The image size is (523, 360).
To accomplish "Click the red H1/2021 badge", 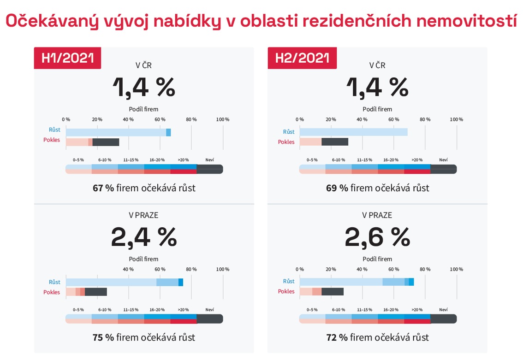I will [67, 58].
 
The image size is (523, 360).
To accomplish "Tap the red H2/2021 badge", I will [302, 58].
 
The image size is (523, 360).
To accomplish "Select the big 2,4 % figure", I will [143, 237].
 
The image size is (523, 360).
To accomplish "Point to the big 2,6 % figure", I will [377, 237].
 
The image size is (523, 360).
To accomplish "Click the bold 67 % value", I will [103, 188].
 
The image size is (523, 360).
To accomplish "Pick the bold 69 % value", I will [337, 188].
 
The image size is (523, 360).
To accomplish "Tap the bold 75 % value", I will [103, 337].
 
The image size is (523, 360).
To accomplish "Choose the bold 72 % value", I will [337, 337].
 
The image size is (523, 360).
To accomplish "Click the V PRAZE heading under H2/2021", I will [377, 215].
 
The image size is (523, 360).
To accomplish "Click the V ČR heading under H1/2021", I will [143, 65].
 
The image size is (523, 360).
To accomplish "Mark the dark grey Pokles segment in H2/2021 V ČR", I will [335, 142].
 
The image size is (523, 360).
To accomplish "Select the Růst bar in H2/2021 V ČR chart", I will [353, 132].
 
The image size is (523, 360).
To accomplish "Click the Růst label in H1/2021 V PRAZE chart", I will [54, 282].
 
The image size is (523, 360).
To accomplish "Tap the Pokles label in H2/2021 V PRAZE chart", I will [286, 291].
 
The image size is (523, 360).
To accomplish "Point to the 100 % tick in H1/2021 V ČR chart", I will [223, 119].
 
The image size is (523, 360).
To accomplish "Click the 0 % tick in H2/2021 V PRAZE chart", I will [300, 269].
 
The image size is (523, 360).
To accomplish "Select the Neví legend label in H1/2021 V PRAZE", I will [209, 310].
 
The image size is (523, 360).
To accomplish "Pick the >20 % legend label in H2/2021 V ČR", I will [417, 160].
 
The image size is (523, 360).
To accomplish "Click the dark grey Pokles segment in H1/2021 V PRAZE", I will [96, 292].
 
